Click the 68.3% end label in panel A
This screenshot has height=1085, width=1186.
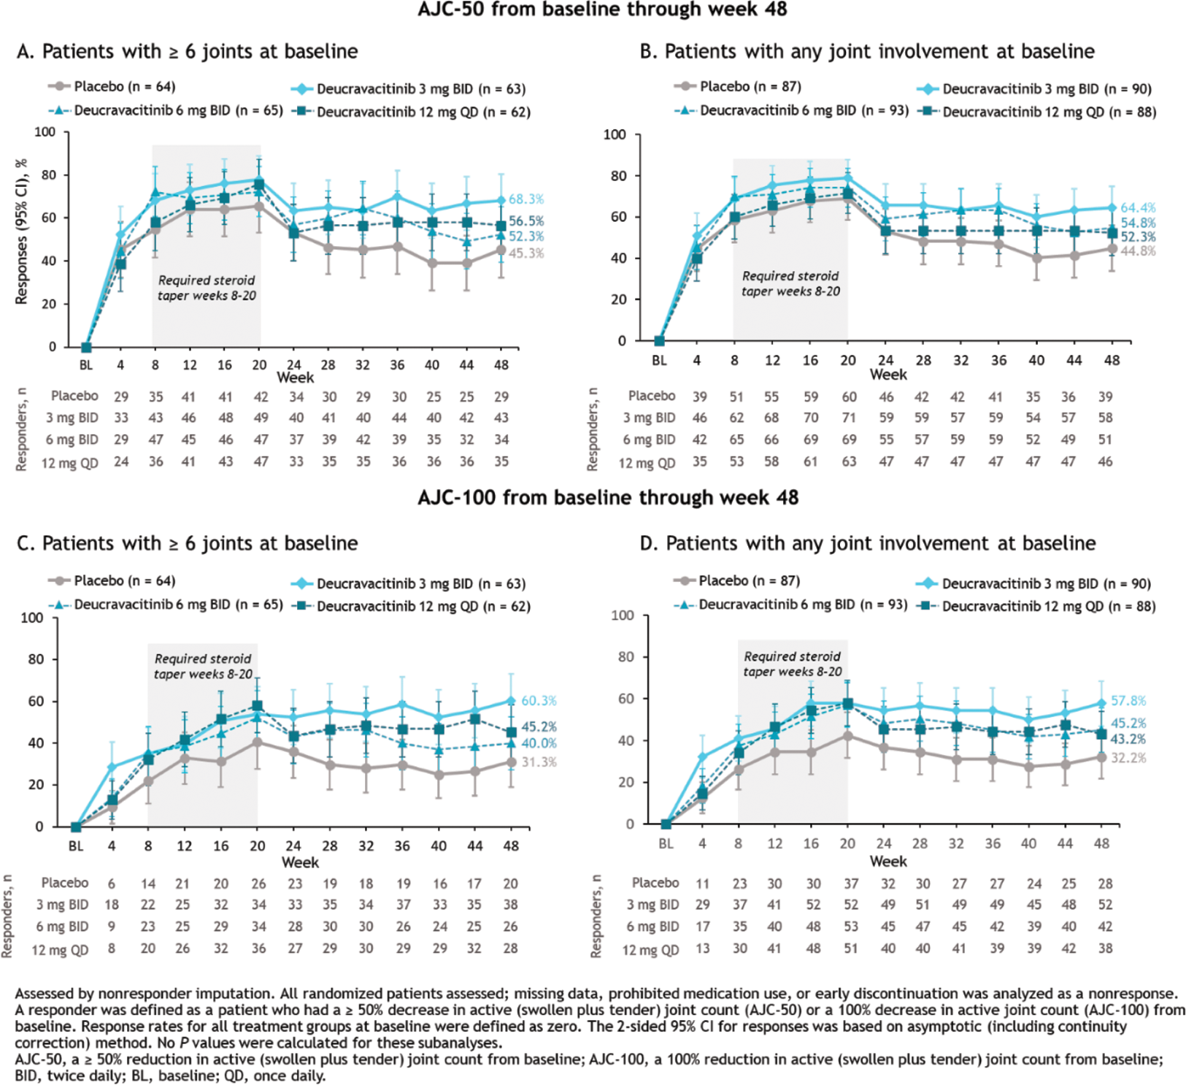526,199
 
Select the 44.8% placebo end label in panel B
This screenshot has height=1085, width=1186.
1138,251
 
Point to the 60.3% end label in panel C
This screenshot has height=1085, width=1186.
539,701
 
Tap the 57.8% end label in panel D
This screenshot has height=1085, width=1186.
1128,701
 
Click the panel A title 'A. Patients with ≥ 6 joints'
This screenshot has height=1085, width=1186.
187,52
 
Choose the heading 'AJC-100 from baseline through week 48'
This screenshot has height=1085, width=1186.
608,498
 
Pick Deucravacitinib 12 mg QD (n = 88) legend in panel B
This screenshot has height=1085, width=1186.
1049,112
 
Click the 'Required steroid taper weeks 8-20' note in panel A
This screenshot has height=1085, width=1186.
207,288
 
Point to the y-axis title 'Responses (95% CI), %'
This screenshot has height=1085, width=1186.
21,231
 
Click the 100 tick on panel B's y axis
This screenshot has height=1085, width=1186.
615,134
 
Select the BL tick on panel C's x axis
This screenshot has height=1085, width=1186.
76,846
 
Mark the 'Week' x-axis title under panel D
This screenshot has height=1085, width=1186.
887,862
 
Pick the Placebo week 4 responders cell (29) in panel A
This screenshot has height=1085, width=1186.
121,396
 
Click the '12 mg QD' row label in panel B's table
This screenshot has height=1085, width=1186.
647,463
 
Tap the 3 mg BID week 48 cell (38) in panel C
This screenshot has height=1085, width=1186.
510,905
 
